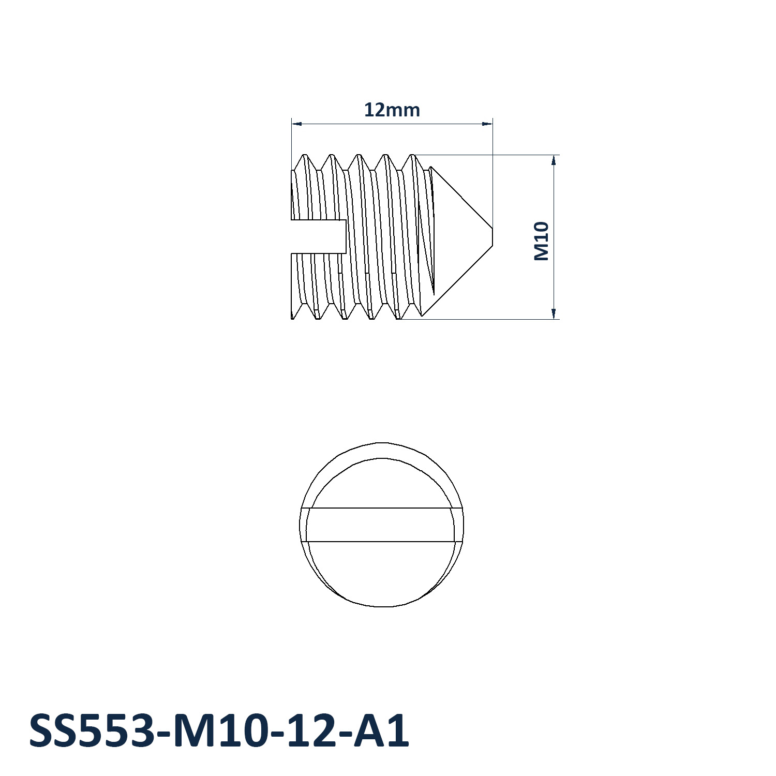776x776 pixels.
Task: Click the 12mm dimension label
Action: pyautogui.click(x=392, y=110)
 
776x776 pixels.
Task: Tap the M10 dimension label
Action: pyautogui.click(x=541, y=241)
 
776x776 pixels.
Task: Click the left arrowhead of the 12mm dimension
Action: pyautogui.click(x=296, y=124)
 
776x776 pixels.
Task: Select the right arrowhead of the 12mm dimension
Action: pyautogui.click(x=487, y=124)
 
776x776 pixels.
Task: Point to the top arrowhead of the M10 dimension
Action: pyautogui.click(x=554, y=160)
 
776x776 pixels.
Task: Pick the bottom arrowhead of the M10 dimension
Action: pyautogui.click(x=554, y=314)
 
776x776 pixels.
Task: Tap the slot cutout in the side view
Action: pyautogui.click(x=318, y=236)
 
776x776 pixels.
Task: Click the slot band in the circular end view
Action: pyautogui.click(x=382, y=525)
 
